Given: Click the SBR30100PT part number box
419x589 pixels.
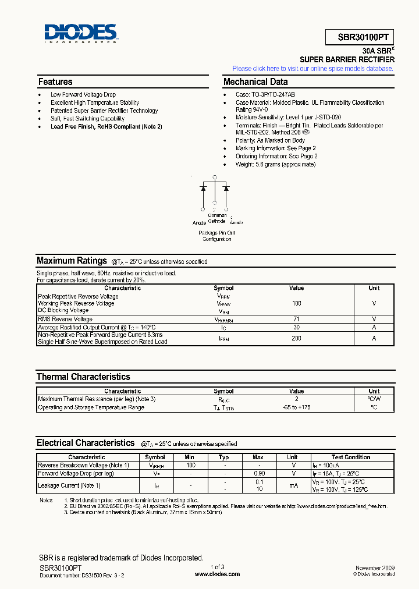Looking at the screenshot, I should pyautogui.click(x=360, y=36).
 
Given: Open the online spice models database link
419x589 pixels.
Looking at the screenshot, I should pyautogui.click(x=313, y=69).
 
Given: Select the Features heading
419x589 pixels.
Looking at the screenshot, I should pyautogui.click(x=55, y=82).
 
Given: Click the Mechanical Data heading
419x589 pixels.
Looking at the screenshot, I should pyautogui.click(x=255, y=82).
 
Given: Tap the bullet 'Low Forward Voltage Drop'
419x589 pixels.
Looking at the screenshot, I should pyautogui.click(x=83, y=94).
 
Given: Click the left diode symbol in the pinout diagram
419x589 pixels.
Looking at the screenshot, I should pyautogui.click(x=203, y=188).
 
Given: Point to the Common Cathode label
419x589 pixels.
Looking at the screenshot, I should pyautogui.click(x=217, y=218).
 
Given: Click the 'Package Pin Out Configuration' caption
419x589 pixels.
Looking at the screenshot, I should pyautogui.click(x=217, y=236).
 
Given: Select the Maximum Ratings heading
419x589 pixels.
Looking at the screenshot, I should pyautogui.click(x=72, y=261).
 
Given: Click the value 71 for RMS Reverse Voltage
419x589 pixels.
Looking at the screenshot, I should pyautogui.click(x=296, y=319).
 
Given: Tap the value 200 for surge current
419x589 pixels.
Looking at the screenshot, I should pyautogui.click(x=296, y=338).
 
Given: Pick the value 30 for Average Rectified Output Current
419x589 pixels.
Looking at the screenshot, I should pyautogui.click(x=296, y=327).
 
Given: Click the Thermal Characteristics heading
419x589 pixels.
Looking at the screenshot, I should pyautogui.click(x=83, y=377).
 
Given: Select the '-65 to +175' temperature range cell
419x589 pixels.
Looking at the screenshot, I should pyautogui.click(x=296, y=407).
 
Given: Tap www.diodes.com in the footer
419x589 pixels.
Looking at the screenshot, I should pyautogui.click(x=217, y=574).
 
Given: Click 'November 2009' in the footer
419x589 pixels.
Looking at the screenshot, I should pyautogui.click(x=375, y=567).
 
